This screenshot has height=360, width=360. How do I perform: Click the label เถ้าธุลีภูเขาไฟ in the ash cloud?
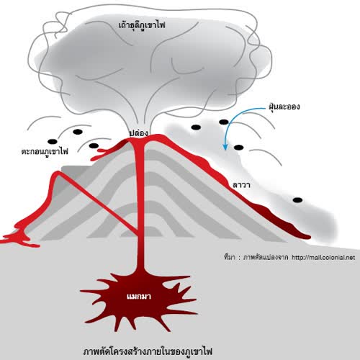tap(142, 25)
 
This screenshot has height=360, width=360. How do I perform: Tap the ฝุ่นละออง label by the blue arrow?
tap(284, 107)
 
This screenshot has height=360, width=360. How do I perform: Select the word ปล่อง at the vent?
tap(138, 133)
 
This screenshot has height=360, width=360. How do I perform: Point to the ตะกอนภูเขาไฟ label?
tap(45, 151)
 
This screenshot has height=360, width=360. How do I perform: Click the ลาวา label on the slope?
tap(241, 185)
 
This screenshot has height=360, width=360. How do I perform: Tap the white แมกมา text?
tap(139, 297)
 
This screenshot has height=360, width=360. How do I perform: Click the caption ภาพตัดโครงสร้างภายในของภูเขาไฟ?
tap(148, 351)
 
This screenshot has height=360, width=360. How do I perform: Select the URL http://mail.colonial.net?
tap(323, 258)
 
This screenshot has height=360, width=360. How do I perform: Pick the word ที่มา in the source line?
tap(229, 257)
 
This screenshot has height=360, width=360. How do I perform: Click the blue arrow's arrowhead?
tap(225, 147)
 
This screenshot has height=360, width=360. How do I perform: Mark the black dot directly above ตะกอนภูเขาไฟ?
tap(53, 141)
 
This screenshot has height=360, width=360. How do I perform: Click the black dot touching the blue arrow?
tap(224, 122)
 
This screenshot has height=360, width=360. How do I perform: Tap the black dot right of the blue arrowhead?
tap(238, 148)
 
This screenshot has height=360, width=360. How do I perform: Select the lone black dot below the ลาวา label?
tap(297, 200)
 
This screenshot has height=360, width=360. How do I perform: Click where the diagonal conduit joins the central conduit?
tap(138, 233)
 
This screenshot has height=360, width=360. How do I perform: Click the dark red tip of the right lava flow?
tap(306, 236)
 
